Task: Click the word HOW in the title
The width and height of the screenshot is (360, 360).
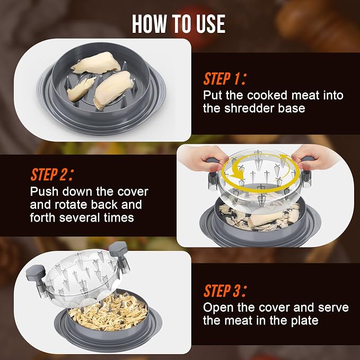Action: (150, 24)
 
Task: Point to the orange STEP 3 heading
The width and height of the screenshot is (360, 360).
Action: (225, 291)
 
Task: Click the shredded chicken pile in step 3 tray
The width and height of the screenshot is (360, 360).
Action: (108, 312)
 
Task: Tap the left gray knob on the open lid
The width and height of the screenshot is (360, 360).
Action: (36, 273)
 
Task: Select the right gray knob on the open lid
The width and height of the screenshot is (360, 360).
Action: (118, 249)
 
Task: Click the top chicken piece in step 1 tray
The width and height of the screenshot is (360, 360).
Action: (96, 63)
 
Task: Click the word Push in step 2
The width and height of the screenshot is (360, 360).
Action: (44, 191)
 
